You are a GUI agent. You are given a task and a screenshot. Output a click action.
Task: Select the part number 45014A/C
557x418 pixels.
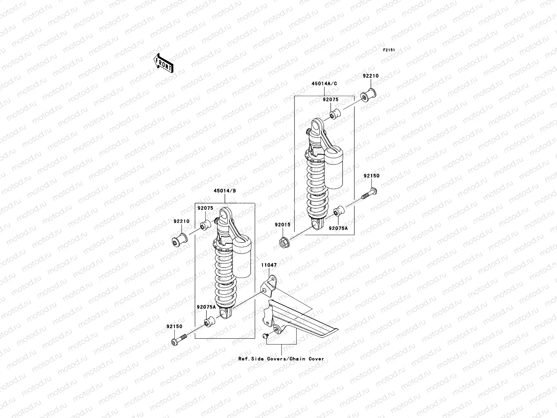(324, 84)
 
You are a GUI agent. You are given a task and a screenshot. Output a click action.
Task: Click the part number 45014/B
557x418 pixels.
(225, 191)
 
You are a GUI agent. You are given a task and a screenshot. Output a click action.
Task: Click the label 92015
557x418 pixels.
(282, 225)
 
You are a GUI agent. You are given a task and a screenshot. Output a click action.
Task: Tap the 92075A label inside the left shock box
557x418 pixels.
(206, 307)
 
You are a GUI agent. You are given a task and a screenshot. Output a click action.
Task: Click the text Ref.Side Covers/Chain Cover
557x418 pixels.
(281, 359)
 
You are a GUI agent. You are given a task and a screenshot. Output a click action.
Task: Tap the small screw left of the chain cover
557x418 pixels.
(265, 335)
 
